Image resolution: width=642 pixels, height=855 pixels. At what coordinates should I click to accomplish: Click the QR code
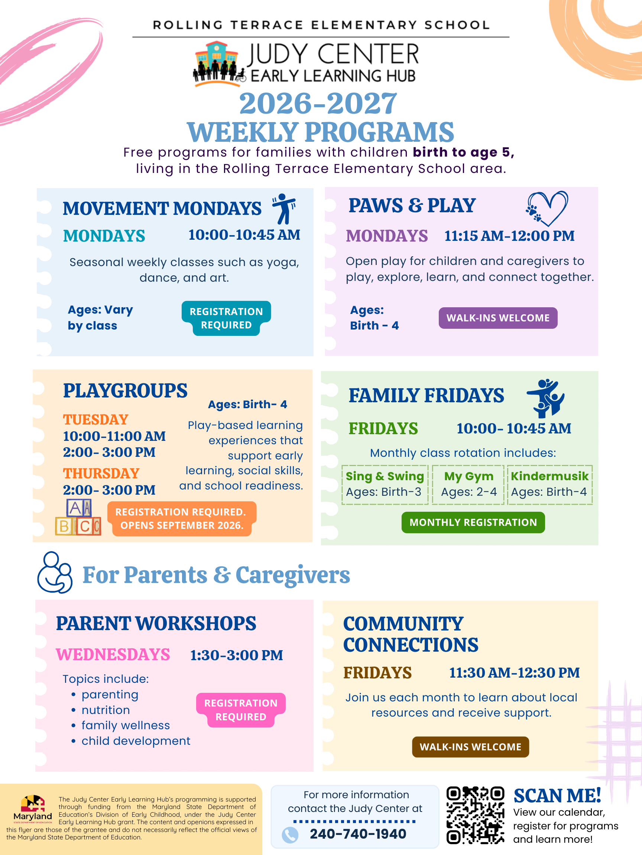pos(475,815)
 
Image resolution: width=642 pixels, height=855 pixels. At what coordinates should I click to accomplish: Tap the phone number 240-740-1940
pos(358,834)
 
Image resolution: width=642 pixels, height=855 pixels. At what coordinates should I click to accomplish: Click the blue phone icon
pos(290,835)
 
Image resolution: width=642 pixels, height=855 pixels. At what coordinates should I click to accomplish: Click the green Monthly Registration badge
pos(473,522)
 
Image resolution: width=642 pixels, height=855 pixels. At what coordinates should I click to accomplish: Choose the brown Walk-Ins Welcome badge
pos(470,747)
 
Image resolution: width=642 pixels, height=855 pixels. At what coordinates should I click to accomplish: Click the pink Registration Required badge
pos(241,710)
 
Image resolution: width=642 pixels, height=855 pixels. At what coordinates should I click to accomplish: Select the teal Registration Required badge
pos(226,318)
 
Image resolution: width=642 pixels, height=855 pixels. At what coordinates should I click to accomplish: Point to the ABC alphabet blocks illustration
pos(78,517)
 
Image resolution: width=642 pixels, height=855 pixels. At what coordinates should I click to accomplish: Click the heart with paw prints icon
pos(547,208)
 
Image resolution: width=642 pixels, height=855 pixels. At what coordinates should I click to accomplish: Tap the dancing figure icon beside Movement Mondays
pos(285,209)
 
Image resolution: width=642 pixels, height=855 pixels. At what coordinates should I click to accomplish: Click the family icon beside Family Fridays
pos(546,398)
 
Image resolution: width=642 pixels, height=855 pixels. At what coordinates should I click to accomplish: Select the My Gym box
pos(468,485)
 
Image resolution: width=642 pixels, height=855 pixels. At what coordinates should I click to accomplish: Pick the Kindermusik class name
pos(549,476)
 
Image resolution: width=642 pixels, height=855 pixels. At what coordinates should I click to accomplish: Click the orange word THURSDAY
pos(101,474)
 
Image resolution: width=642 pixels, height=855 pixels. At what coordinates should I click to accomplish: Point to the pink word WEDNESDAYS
pos(113,654)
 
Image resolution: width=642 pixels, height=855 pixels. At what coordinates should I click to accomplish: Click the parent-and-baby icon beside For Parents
pos(55,573)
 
